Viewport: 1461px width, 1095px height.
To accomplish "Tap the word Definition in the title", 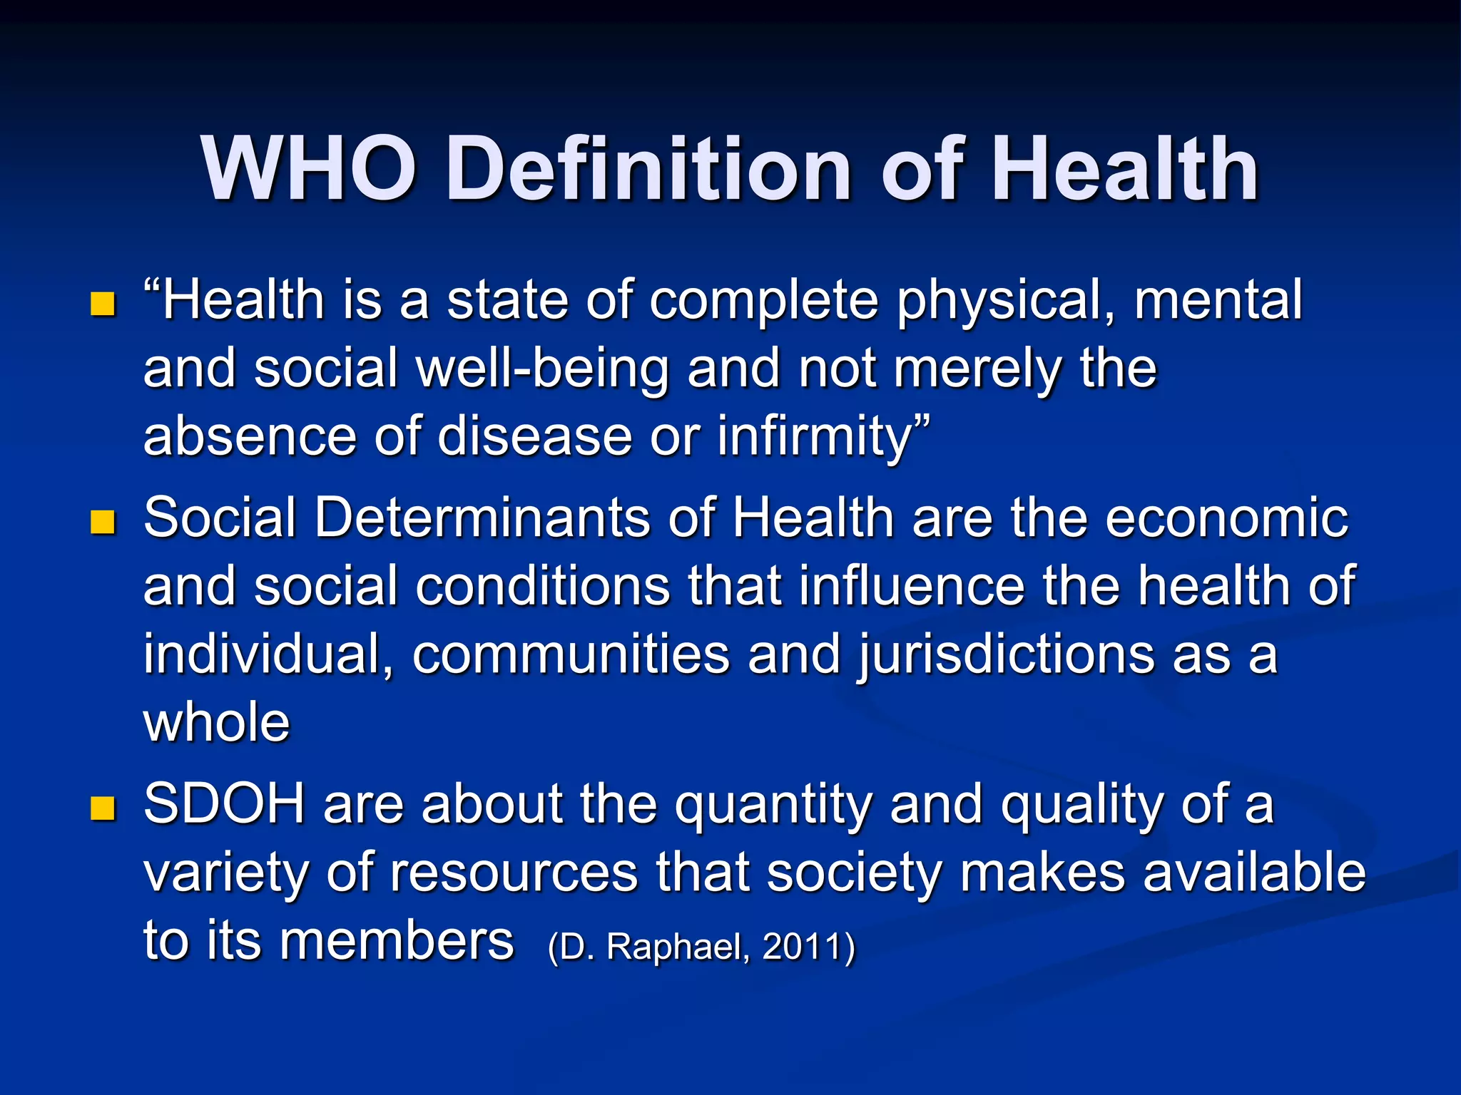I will (648, 170).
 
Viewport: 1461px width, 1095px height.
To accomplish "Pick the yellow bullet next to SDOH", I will (103, 809).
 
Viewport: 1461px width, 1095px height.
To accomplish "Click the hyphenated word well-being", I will (543, 369).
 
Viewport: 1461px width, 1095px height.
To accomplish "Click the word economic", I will (1227, 518).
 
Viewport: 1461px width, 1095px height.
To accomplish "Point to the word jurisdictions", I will (1006, 654).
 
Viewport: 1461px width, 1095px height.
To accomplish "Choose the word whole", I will (217, 723).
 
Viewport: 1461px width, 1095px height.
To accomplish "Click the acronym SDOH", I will (224, 804).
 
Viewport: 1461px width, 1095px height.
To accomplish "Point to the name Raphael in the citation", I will (678, 947).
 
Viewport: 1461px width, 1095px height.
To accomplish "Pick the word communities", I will (571, 654).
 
